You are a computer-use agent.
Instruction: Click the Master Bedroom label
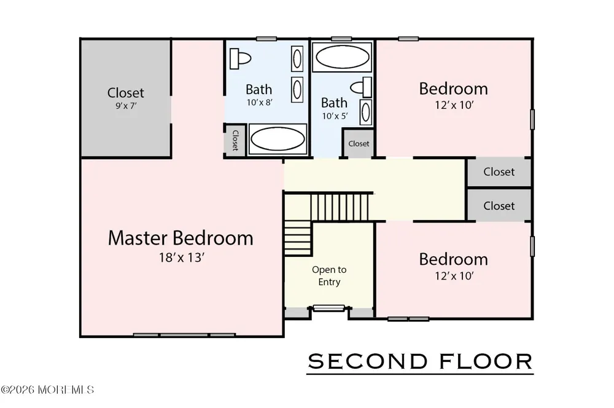181,238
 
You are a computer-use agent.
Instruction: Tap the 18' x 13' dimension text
182,257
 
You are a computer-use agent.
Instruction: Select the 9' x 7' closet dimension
126,106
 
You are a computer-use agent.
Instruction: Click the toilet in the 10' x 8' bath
239,59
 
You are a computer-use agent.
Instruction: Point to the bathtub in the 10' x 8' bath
278,139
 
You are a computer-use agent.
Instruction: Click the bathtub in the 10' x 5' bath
342,57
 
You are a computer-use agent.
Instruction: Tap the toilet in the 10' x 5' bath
361,87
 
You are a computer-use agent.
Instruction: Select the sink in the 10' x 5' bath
366,112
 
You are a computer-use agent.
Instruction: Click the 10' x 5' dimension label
335,116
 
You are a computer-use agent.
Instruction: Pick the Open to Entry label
329,275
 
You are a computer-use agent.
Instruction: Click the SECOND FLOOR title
420,361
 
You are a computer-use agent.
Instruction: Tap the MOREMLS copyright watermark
47,390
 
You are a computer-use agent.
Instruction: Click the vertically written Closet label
235,140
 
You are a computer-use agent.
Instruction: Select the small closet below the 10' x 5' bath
359,143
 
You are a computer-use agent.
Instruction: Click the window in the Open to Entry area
329,308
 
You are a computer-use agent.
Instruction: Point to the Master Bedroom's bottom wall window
184,335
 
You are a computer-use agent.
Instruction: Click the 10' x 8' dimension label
259,103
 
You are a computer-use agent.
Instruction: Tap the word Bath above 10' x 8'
259,89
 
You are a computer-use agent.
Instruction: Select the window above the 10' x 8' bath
266,39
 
